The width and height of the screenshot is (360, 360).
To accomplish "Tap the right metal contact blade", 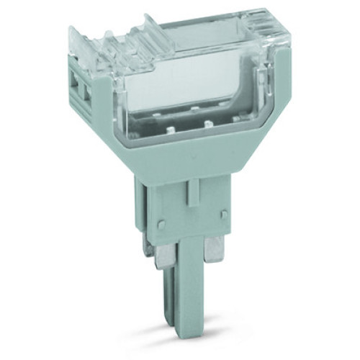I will click(x=214, y=250).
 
